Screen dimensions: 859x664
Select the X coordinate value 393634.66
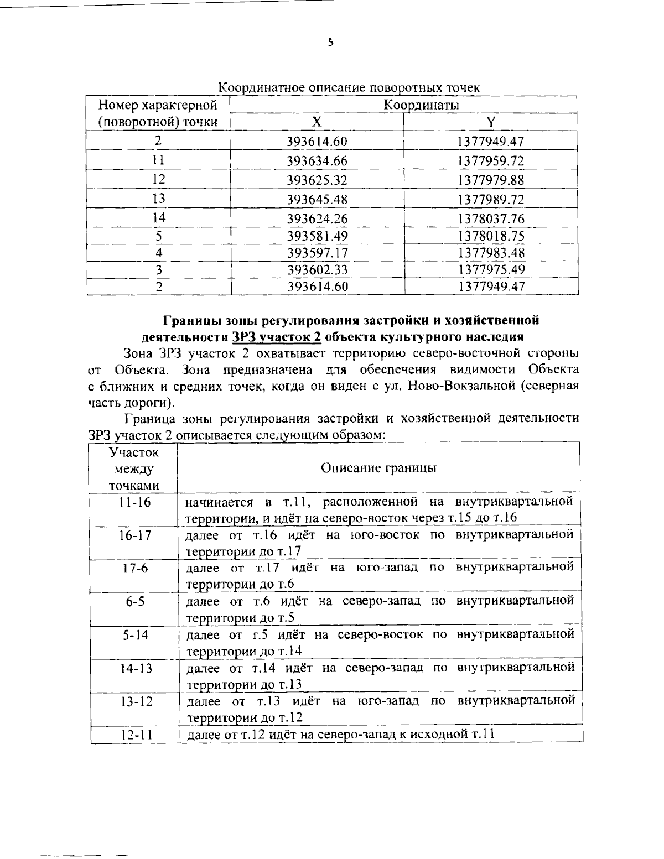tap(317, 161)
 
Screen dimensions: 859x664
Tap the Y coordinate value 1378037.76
tap(491, 218)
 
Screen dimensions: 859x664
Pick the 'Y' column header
tap(490, 123)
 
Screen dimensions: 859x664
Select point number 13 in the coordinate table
tap(159, 199)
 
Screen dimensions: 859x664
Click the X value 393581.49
tap(317, 236)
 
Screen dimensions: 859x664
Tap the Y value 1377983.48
tap(491, 253)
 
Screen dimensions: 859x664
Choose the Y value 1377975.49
tap(491, 269)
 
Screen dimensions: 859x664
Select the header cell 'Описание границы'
tap(378, 468)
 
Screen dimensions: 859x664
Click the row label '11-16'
tap(133, 503)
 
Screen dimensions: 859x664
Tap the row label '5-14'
tap(133, 634)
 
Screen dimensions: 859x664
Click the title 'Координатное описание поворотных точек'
tap(349, 87)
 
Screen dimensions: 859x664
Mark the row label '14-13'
tap(133, 668)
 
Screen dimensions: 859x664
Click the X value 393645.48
tap(317, 199)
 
